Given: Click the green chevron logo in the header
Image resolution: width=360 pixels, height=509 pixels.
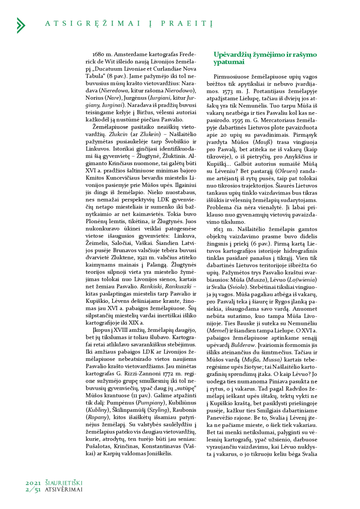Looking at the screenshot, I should pyautogui.click(x=21, y=25).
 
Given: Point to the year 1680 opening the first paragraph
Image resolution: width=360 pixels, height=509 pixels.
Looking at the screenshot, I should pyautogui.click(x=98, y=55).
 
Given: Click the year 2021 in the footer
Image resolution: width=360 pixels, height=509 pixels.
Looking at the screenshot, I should pyautogui.click(x=33, y=483).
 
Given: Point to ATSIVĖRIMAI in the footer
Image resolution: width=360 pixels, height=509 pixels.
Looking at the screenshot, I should pyautogui.click(x=64, y=489).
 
